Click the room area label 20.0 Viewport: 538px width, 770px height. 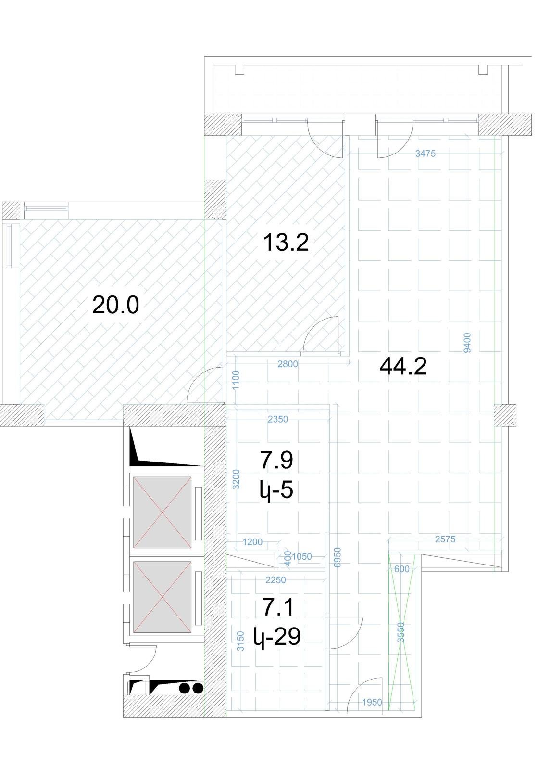click(x=116, y=305)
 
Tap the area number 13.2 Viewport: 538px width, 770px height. click(x=286, y=242)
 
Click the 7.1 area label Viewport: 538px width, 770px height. click(x=278, y=607)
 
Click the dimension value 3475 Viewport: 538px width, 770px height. click(x=425, y=154)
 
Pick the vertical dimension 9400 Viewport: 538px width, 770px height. click(x=467, y=342)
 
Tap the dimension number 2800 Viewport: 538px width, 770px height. click(x=288, y=364)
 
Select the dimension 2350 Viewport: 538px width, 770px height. click(x=278, y=419)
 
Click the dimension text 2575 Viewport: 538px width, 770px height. click(x=445, y=539)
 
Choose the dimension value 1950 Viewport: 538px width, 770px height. click(x=372, y=702)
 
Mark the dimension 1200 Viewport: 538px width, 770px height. click(x=252, y=542)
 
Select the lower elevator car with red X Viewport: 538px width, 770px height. click(x=162, y=597)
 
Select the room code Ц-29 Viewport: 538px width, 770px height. click(x=277, y=636)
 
